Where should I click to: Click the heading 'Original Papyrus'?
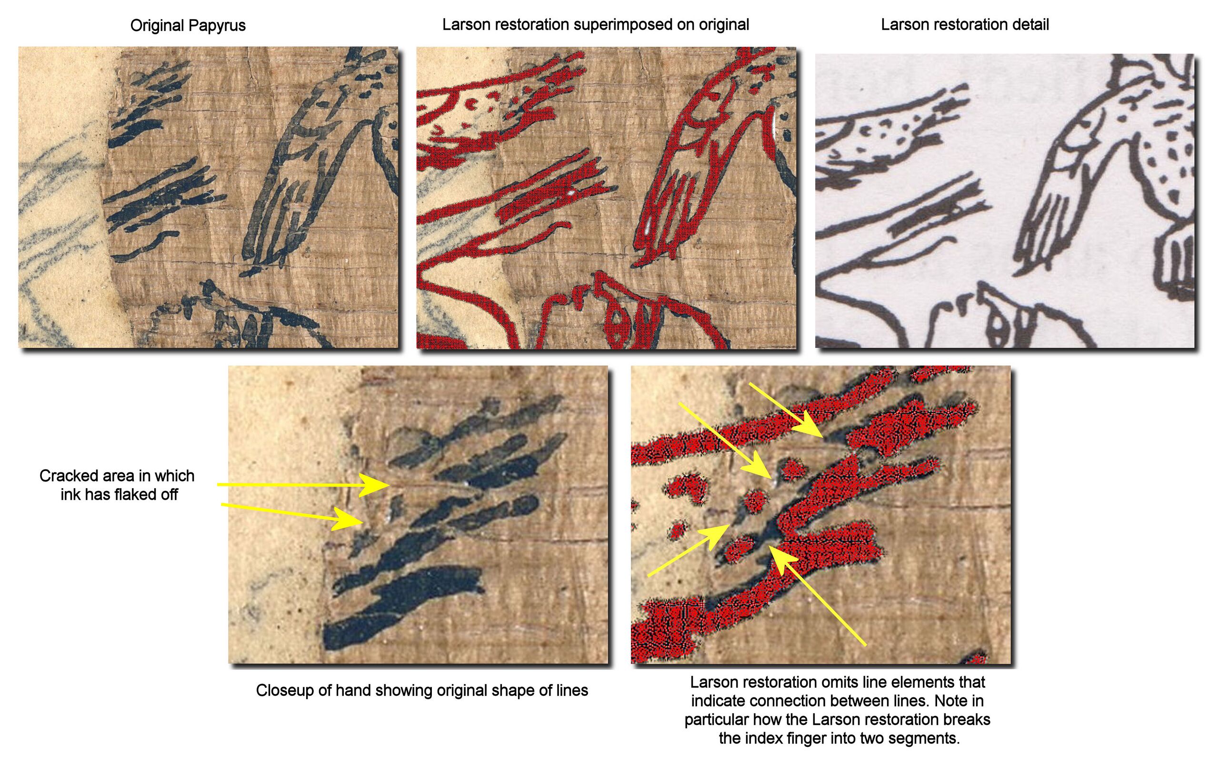[188, 26]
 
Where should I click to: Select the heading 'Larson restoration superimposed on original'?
[595, 25]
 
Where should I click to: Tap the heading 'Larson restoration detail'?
[965, 24]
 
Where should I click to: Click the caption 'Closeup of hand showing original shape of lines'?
[422, 691]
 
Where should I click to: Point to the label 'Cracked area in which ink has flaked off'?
[118, 485]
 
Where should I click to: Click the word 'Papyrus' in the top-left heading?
[216, 26]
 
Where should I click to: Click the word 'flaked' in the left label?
[133, 494]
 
